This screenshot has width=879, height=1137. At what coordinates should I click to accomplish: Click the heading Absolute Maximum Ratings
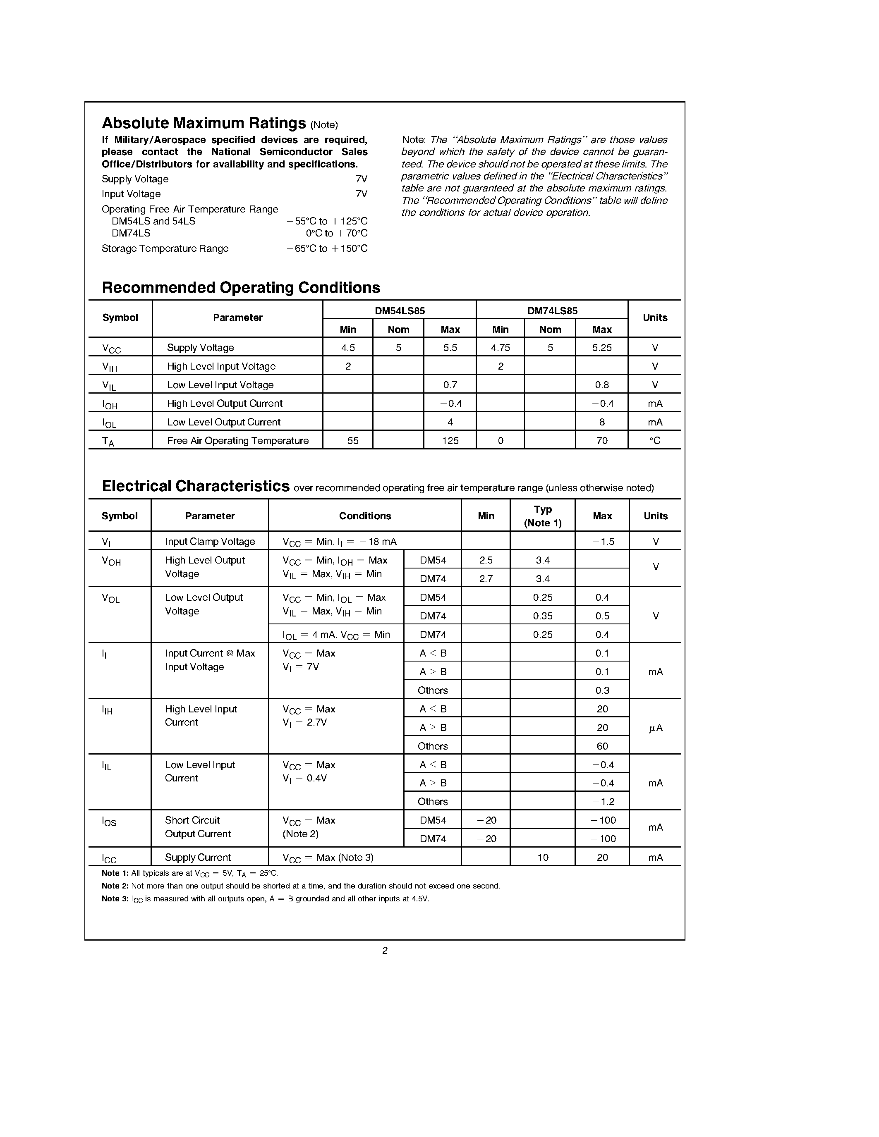click(x=204, y=123)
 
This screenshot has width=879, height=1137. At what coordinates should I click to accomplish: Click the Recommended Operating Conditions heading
click(x=241, y=287)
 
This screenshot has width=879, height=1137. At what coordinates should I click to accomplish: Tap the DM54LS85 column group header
click(x=400, y=311)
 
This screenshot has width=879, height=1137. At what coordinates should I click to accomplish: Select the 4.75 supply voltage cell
click(x=500, y=347)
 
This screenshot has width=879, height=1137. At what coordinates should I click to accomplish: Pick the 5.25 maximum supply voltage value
click(x=601, y=347)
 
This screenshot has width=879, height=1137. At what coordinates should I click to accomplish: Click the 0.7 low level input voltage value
click(x=450, y=385)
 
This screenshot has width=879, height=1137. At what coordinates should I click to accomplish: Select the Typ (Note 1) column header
click(x=543, y=516)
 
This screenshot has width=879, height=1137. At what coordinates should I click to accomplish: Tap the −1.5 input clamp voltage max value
click(x=603, y=542)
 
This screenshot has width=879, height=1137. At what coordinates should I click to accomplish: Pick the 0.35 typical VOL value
click(x=543, y=616)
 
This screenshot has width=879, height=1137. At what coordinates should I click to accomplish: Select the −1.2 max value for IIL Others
click(x=603, y=801)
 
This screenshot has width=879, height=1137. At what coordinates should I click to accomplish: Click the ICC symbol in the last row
click(x=109, y=858)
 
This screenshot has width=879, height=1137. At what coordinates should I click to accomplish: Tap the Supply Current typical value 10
click(x=543, y=858)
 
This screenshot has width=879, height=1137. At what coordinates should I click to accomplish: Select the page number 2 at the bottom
click(x=385, y=951)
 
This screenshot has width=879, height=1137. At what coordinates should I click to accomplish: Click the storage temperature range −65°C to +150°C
click(x=327, y=248)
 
